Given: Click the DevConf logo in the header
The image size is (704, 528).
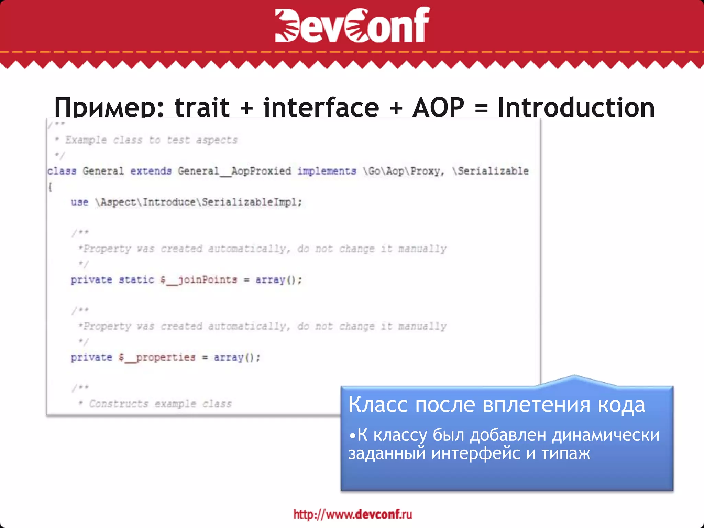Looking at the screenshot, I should point(352,25).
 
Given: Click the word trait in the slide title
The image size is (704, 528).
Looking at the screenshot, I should point(202,107).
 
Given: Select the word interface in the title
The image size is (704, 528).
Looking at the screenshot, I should point(321,107).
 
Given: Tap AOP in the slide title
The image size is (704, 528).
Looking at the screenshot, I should point(438,107).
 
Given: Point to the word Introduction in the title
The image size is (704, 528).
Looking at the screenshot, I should point(576,107).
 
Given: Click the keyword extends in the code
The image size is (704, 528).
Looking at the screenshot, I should point(151,171).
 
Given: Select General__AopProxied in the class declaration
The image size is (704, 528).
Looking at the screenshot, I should point(234,171).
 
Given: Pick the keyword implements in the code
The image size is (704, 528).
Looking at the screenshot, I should point(327,171).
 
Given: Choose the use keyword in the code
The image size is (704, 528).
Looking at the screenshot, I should point(79,202).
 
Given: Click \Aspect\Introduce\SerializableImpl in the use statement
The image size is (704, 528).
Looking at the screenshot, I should point(198,202).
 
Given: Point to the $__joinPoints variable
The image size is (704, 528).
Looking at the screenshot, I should point(199,280).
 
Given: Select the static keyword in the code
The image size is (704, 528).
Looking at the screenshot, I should point(136,280).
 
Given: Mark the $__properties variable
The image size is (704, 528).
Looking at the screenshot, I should point(157,357).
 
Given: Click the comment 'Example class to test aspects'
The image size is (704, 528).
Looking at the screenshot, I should point(151,140).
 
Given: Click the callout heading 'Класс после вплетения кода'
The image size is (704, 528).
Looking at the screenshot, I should point(497,405).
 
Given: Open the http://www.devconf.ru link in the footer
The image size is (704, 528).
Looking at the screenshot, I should point(353,514).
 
